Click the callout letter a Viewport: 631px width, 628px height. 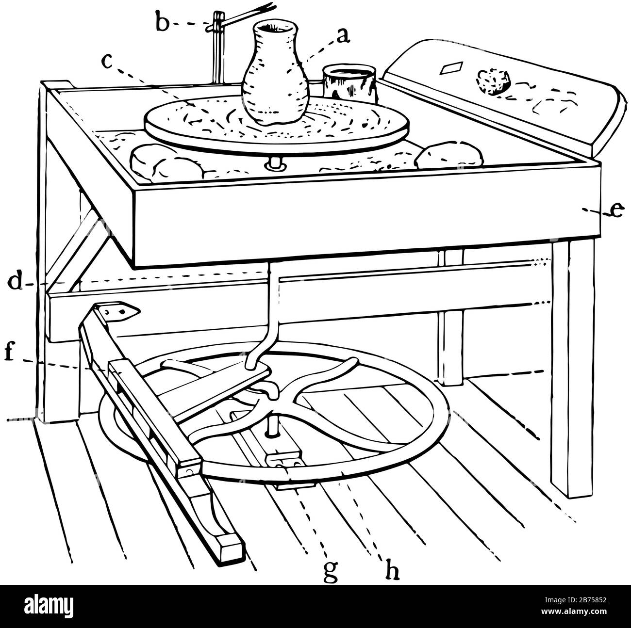(343, 36)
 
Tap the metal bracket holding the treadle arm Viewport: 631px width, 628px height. (119, 310)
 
